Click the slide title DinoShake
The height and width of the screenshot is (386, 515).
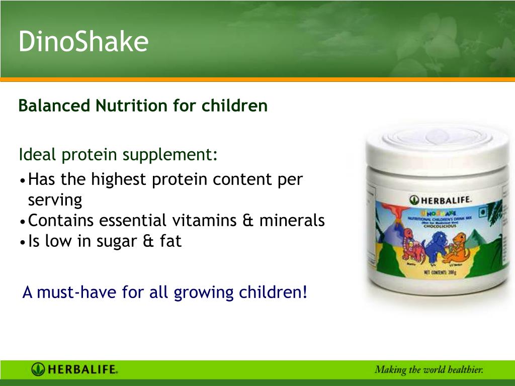click(83, 41)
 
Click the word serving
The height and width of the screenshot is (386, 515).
click(55, 200)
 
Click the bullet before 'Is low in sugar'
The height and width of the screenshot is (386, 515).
click(23, 242)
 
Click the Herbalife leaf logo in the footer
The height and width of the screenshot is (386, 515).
click(38, 370)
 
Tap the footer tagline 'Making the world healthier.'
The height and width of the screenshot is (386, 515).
click(428, 370)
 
